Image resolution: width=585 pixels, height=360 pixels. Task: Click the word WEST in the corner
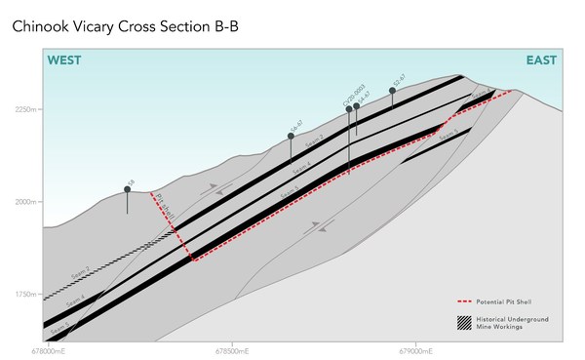coord(64,60)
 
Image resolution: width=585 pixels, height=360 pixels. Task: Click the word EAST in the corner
coord(542,60)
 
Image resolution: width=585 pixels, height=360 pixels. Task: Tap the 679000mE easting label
coord(416,347)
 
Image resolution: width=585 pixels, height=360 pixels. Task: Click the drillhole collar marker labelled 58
coord(127,189)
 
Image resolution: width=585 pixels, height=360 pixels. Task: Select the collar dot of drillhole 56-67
coord(291,136)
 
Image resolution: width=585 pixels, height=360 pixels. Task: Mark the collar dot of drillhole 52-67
coord(393,91)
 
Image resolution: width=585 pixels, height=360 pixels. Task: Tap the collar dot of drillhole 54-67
coord(357,106)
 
